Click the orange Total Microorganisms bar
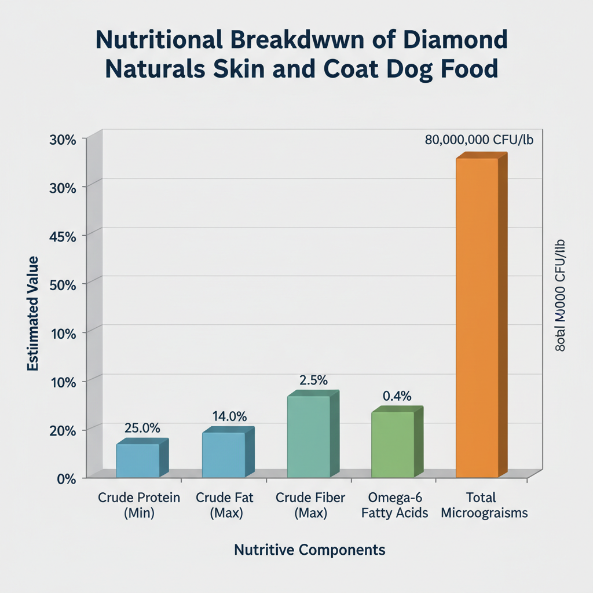tap(477, 317)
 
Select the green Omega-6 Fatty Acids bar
tap(393, 444)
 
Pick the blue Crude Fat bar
tap(224, 455)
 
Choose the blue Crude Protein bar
tap(138, 460)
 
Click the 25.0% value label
tap(142, 428)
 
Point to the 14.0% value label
tap(229, 416)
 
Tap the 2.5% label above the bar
tap(313, 380)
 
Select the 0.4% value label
tap(397, 396)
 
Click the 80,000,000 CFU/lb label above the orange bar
tap(479, 140)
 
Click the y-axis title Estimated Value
tap(32, 313)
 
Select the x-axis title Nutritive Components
tap(309, 550)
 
